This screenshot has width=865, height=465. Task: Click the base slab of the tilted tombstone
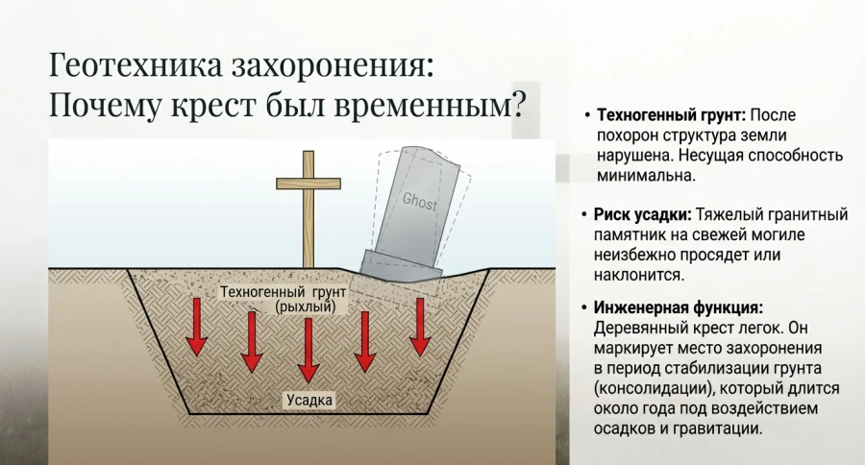click(x=402, y=265)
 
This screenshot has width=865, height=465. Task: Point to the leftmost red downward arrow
click(x=196, y=326)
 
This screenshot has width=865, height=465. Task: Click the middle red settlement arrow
click(x=308, y=349)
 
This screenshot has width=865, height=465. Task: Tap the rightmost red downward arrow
click(x=419, y=326)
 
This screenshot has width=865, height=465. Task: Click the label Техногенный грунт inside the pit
click(x=283, y=291)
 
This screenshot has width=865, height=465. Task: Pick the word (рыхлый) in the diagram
click(x=305, y=306)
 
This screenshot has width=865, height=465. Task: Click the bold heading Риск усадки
click(x=642, y=214)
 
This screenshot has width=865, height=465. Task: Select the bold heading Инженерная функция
click(x=679, y=308)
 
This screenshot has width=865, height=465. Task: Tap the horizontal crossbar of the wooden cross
click(x=309, y=183)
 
